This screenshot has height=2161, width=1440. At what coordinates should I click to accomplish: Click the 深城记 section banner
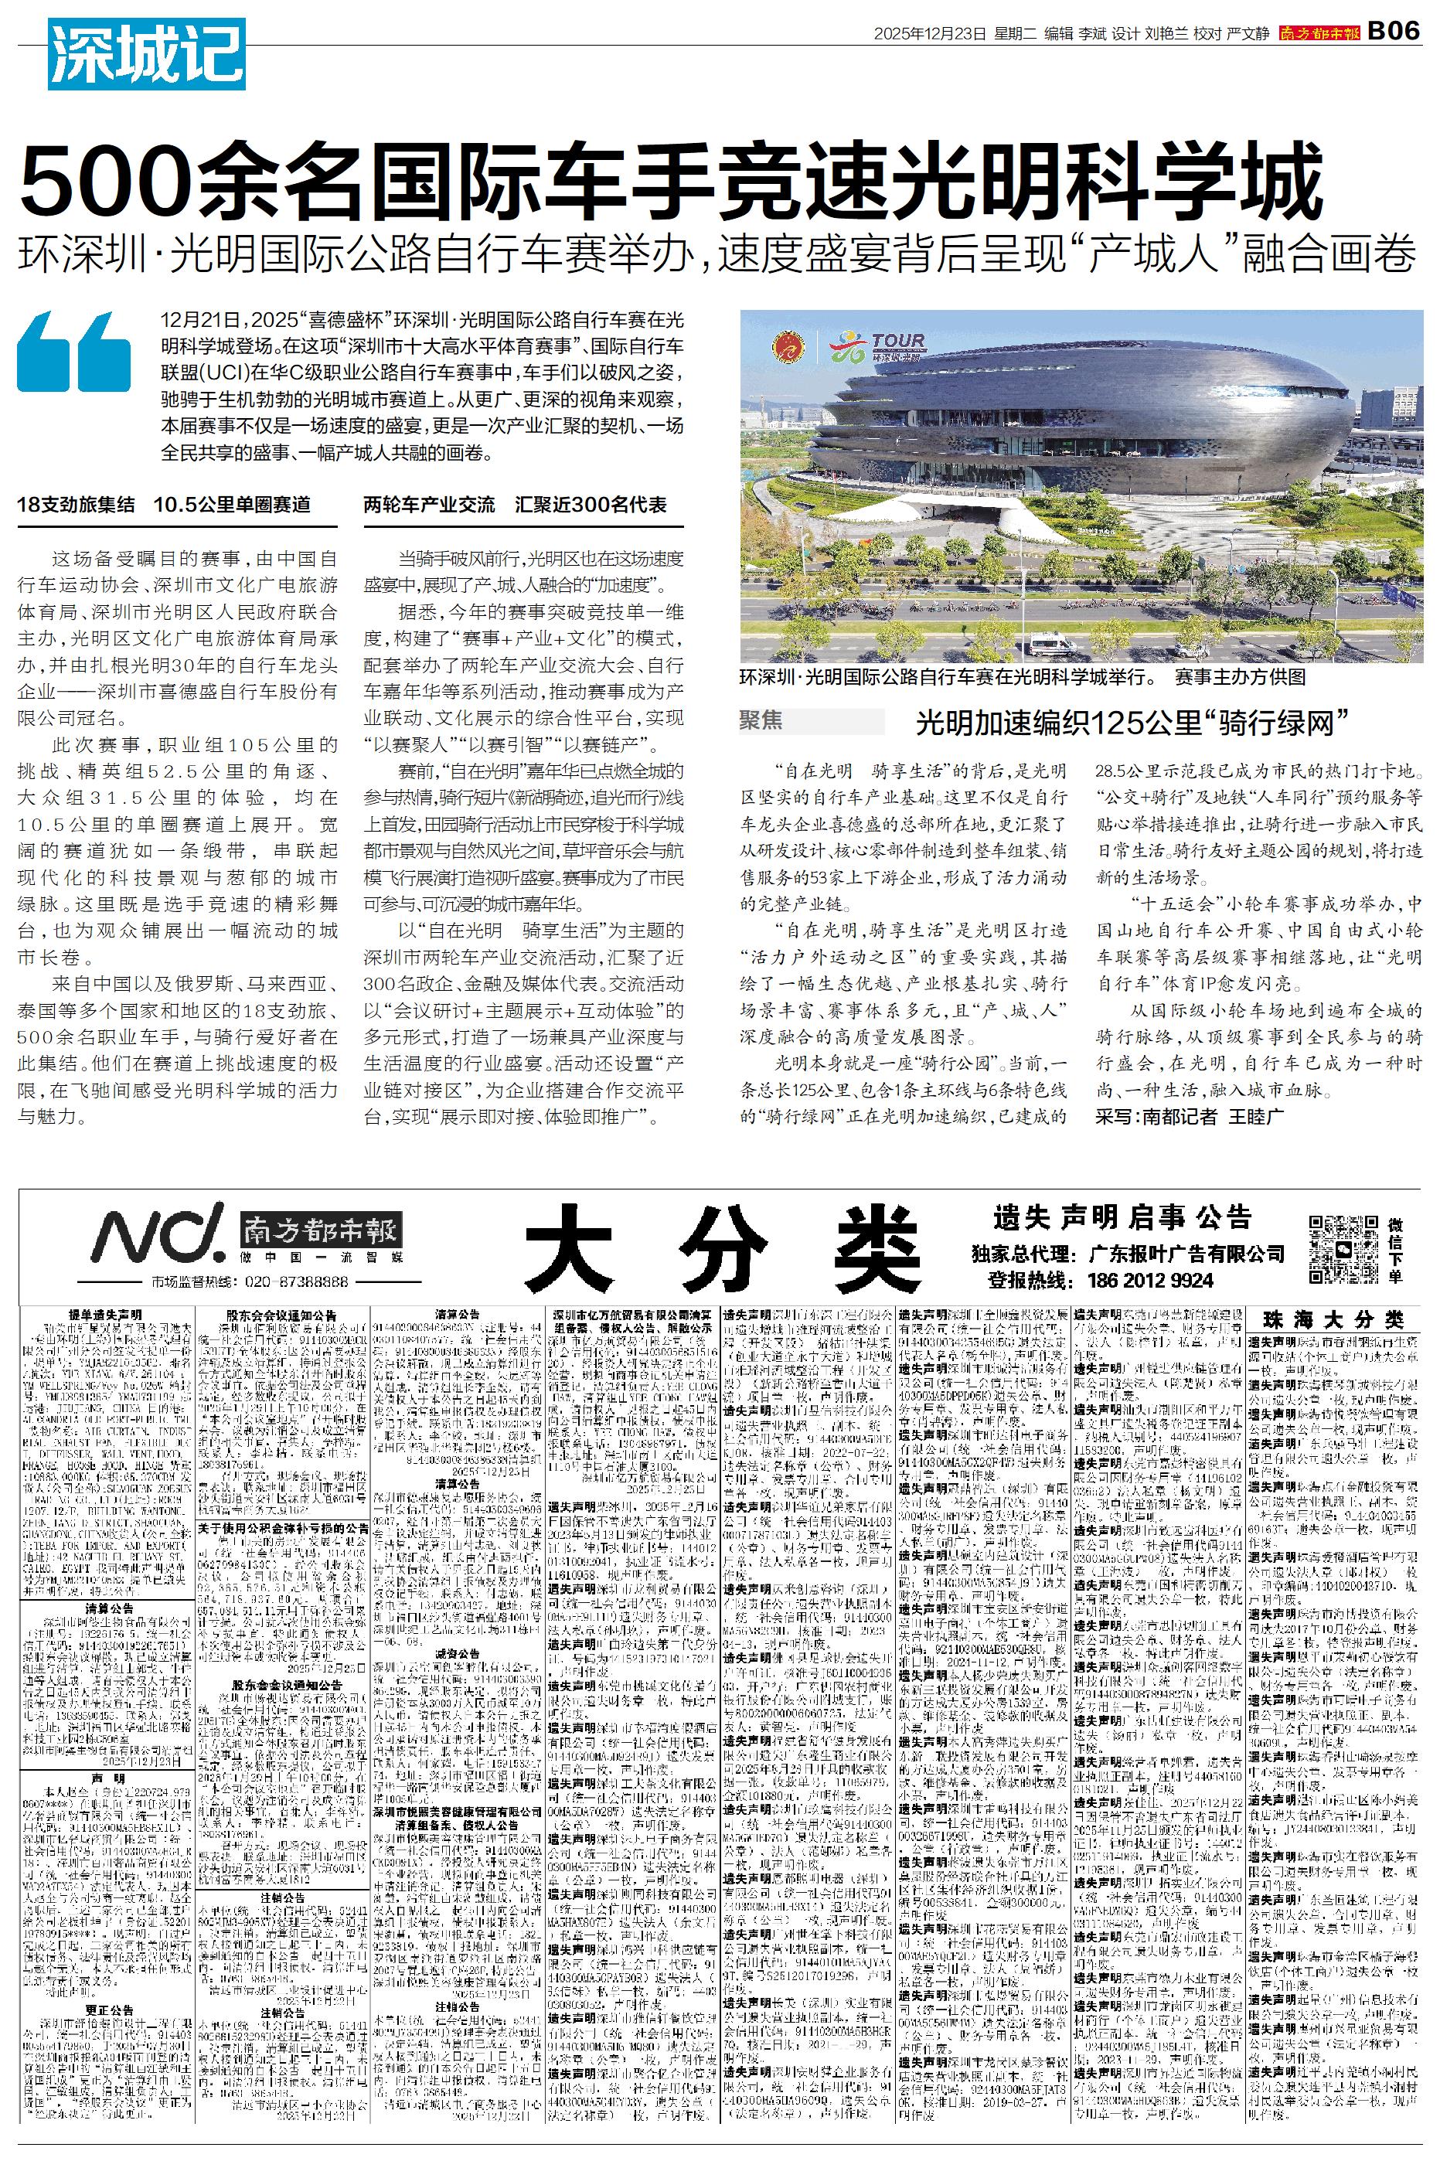pos(147,55)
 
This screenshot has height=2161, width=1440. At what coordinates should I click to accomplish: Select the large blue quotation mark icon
pos(74,353)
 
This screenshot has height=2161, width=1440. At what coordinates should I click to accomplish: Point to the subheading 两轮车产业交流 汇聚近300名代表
pos(516,504)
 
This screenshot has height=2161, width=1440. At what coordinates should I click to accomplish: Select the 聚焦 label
pos(761,720)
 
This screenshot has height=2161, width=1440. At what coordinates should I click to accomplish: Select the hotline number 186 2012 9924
pos(1151,1280)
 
